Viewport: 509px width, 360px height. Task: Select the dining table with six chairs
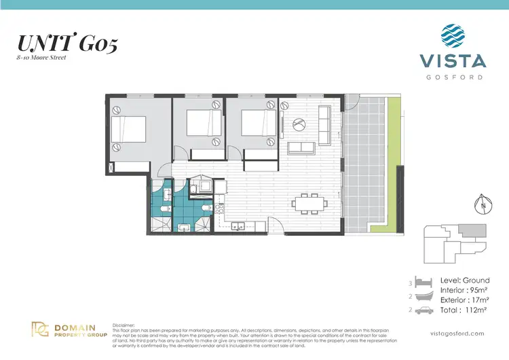tap(309, 202)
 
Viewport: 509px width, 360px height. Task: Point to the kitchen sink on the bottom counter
tap(237, 226)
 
